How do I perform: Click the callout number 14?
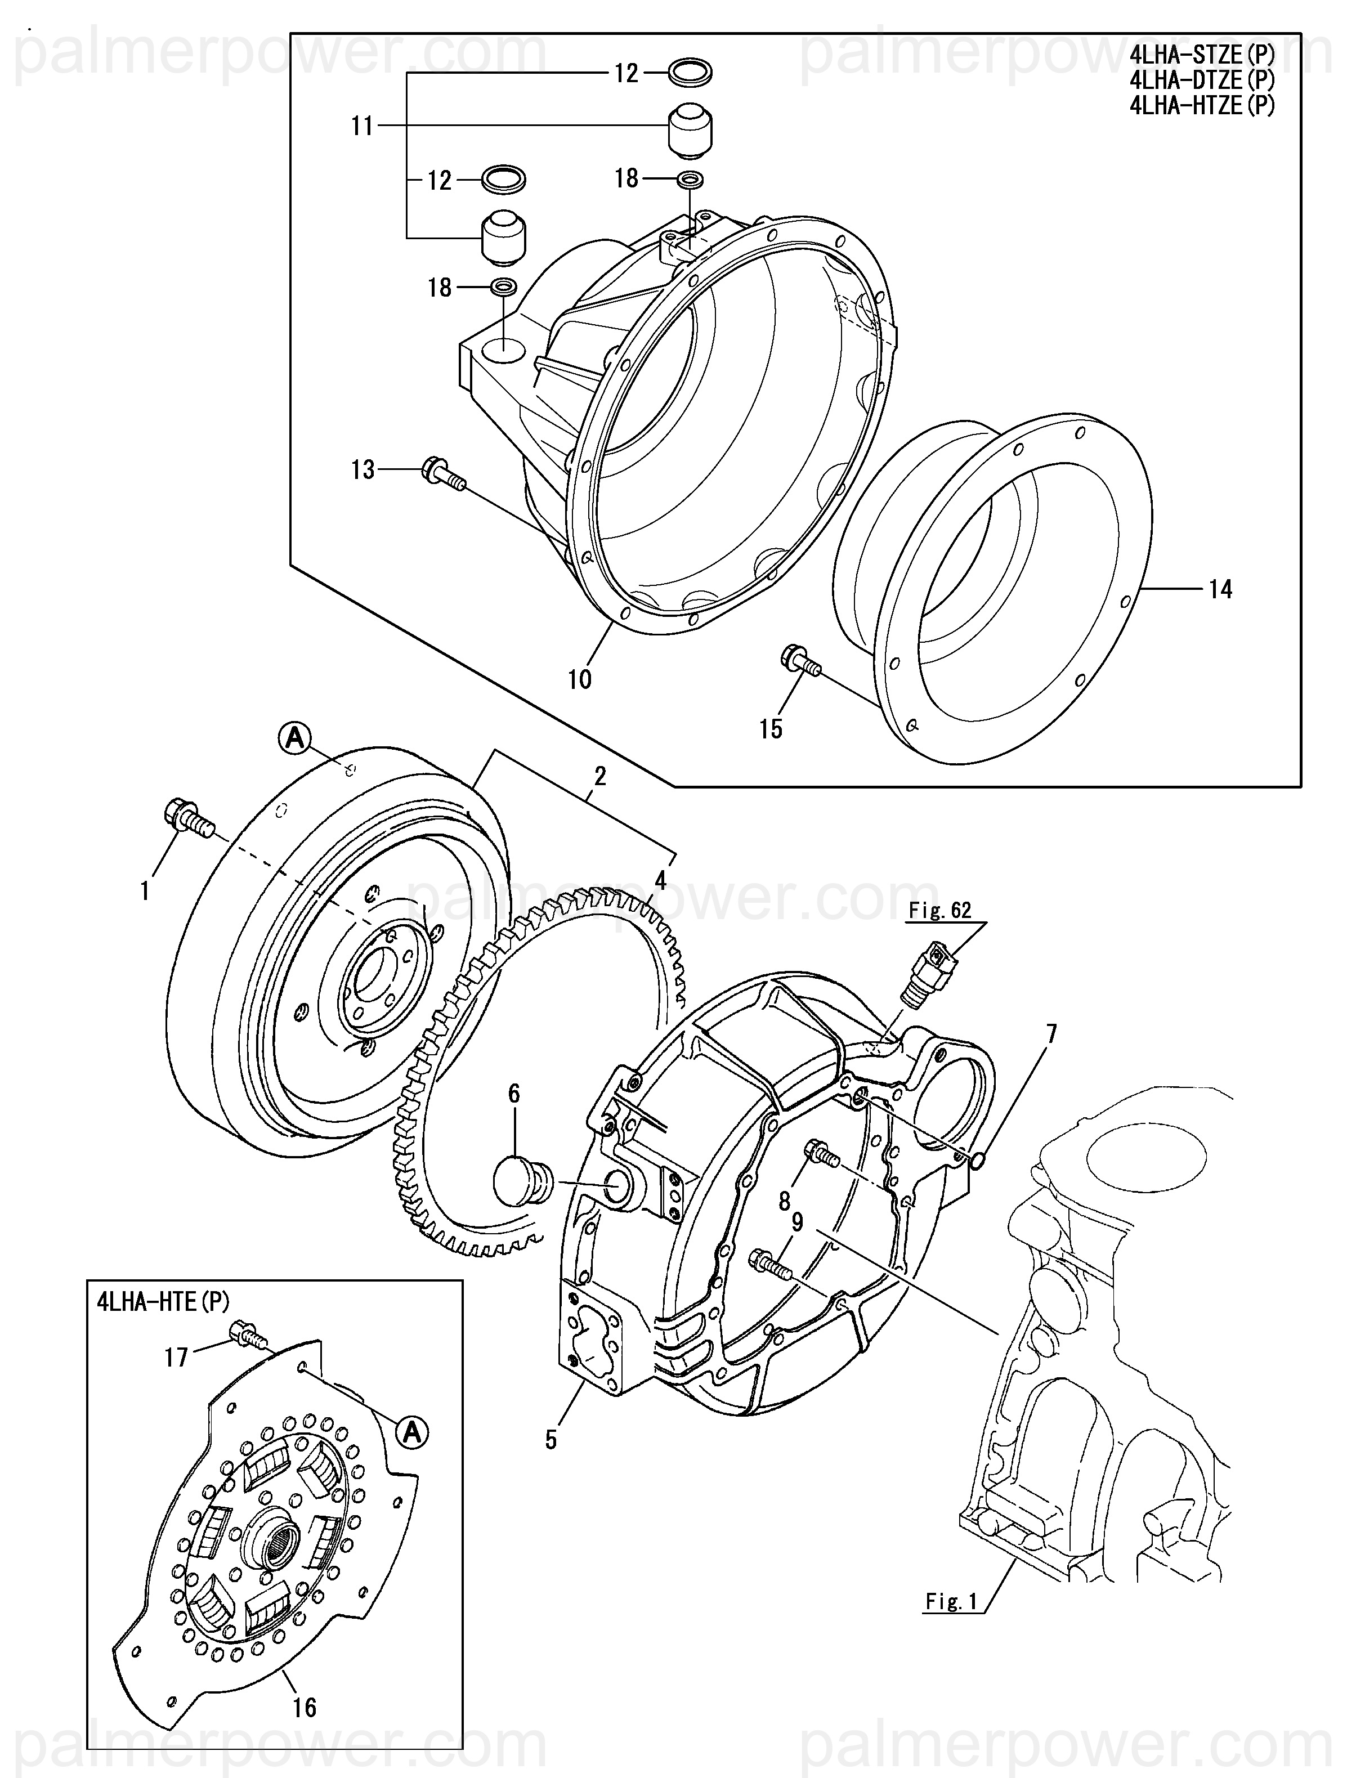(x=1220, y=590)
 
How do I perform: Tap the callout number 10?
(x=579, y=680)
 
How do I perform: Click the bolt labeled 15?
(x=800, y=661)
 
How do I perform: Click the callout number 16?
(x=305, y=1707)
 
